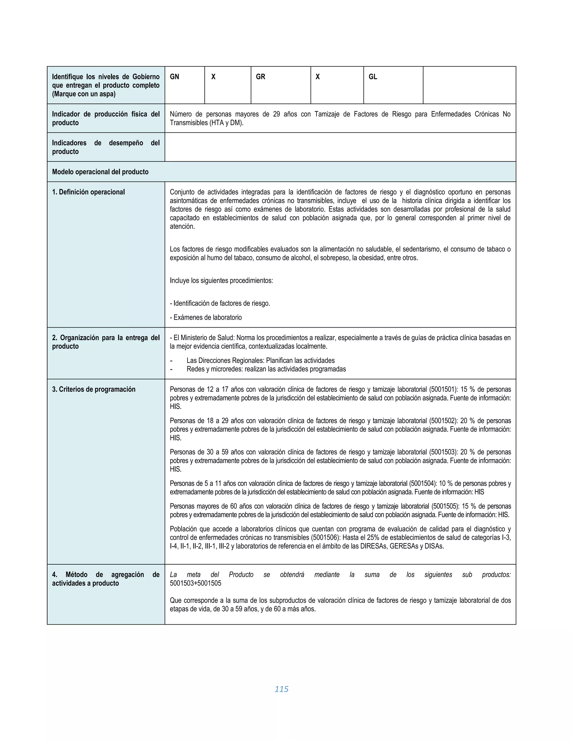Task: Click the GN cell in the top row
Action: coord(175,77)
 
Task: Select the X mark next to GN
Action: coord(213,77)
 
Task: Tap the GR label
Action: coord(261,77)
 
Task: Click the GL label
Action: coord(373,77)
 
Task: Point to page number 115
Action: coord(281,689)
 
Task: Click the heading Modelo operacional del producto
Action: coord(100,172)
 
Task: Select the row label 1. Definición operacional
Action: coord(89,192)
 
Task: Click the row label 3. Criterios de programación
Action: coord(94,389)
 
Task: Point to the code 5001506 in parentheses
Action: coord(326,537)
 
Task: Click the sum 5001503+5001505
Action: coord(196,583)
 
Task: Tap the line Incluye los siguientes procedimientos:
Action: coord(221,281)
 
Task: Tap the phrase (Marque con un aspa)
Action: coord(84,94)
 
